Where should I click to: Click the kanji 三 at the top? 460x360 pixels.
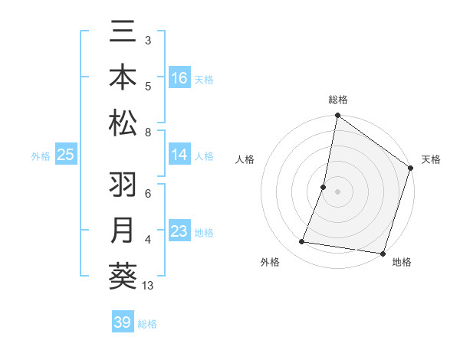[123, 34]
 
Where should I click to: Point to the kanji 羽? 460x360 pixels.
[123, 187]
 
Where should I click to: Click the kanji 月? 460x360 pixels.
[123, 231]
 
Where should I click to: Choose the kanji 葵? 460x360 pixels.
[123, 276]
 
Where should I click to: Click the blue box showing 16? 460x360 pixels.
[179, 78]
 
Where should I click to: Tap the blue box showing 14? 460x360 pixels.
[179, 155]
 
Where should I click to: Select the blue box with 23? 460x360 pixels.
[179, 232]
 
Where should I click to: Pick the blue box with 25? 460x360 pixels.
[65, 155]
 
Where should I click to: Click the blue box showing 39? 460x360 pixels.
[123, 322]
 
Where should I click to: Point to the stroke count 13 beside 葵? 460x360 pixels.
[147, 286]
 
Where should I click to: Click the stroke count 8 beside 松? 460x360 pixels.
[147, 133]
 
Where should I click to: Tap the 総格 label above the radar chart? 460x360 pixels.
[337, 100]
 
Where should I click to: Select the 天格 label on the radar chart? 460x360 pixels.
[431, 159]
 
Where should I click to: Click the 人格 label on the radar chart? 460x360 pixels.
[245, 159]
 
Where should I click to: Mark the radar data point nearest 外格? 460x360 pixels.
[302, 242]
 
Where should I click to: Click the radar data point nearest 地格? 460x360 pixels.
[383, 254]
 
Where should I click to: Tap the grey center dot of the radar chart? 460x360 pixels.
[337, 191]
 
